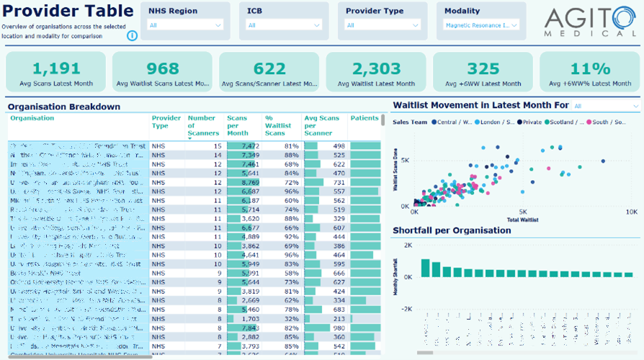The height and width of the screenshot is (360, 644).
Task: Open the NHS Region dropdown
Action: point(185,25)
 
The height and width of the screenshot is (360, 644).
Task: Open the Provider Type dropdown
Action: point(383,25)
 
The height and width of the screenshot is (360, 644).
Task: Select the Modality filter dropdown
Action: point(481,25)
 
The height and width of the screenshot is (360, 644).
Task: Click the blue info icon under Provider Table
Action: point(133,36)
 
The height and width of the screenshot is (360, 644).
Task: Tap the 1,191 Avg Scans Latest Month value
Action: point(56,68)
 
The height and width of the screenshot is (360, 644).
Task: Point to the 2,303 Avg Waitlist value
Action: point(376,68)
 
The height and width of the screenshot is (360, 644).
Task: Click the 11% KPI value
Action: point(590,68)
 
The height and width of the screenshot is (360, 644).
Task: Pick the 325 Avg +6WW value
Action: point(483,68)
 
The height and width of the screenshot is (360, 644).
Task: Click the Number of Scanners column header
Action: point(202,125)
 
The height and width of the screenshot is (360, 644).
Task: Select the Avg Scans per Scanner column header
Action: point(321,125)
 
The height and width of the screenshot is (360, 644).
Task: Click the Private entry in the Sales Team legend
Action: point(532,122)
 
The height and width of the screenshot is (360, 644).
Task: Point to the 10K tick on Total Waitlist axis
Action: point(630,212)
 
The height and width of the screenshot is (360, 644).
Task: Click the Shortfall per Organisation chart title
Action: point(452,231)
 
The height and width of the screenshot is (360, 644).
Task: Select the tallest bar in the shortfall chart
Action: point(425,268)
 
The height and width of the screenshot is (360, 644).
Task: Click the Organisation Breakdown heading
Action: point(64,107)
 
